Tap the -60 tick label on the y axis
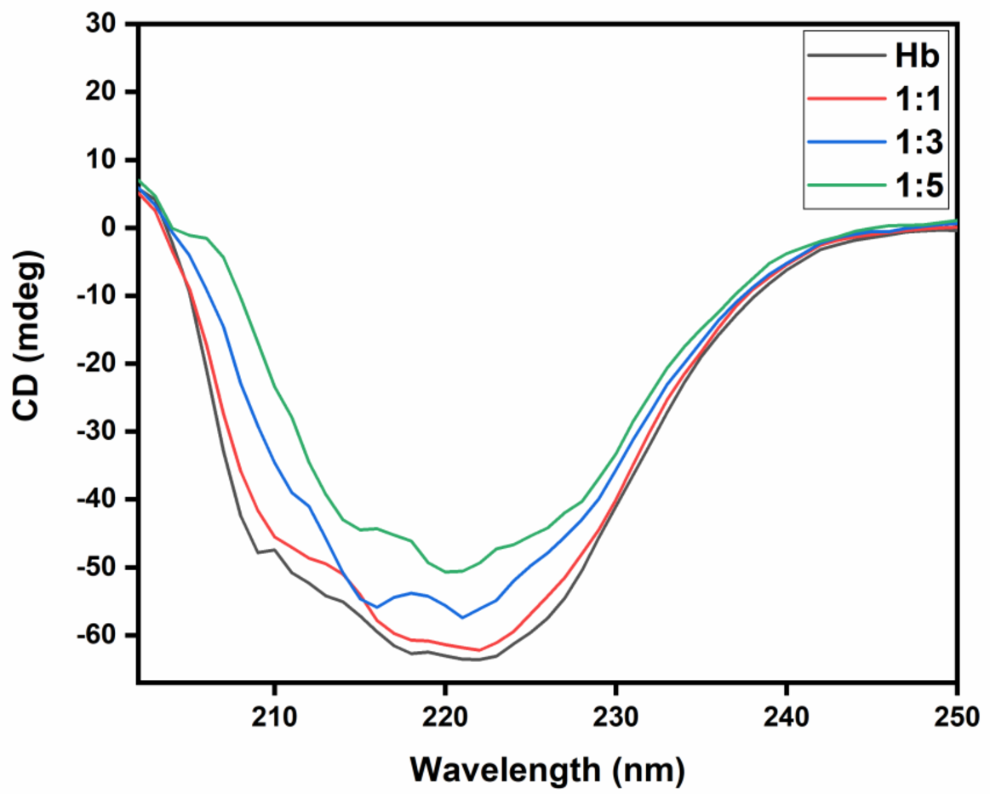[x=100, y=636]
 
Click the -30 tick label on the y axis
[x=100, y=431]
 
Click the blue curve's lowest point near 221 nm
[x=462, y=617]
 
